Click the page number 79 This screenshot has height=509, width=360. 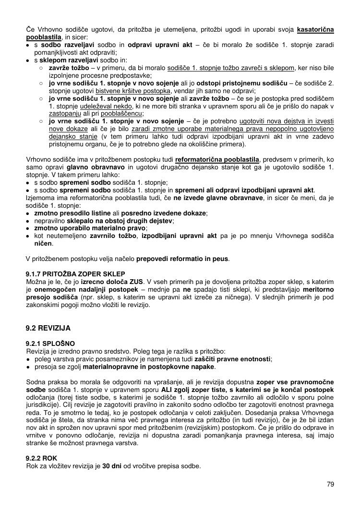coord(330,484)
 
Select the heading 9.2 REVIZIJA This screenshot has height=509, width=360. coord(48,328)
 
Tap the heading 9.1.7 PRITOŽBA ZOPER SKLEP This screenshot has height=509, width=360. coord(75,274)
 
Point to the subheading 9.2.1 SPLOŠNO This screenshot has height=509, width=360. coord(50,343)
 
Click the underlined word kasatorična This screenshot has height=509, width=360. coord(315,30)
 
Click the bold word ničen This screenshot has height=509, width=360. coord(42,244)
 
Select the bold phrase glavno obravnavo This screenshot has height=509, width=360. coord(96,167)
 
